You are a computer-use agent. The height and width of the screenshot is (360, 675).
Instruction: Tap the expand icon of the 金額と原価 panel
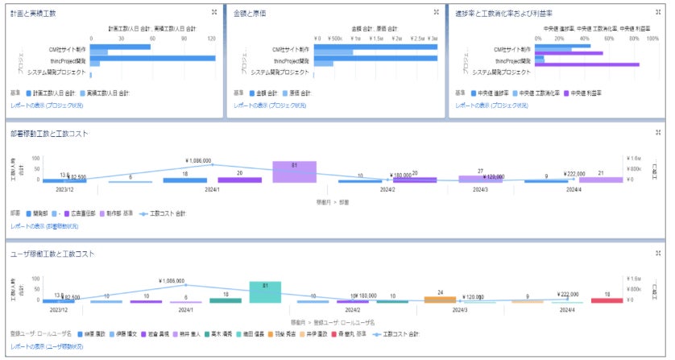pyautogui.click(x=436, y=12)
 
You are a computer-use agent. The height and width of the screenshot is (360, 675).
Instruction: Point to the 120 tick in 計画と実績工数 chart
pyautogui.click(x=211, y=37)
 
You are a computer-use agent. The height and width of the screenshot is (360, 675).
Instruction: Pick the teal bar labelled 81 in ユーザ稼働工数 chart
pyautogui.click(x=265, y=292)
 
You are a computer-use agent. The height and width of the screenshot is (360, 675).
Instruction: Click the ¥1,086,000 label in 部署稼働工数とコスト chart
pyautogui.click(x=197, y=160)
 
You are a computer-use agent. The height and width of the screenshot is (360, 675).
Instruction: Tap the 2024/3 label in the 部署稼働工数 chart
pyautogui.click(x=480, y=190)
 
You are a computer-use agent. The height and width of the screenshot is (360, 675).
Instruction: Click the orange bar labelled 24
pyautogui.click(x=440, y=300)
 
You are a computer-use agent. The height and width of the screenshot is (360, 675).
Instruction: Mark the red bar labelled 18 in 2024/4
pyautogui.click(x=607, y=300)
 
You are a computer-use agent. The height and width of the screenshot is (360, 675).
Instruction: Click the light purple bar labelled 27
pyautogui.click(x=480, y=179)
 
